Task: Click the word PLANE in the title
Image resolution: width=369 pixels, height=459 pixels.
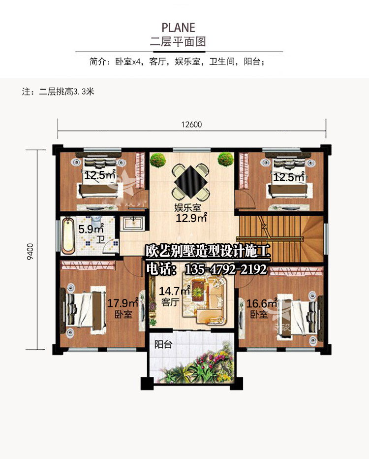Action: click(179, 28)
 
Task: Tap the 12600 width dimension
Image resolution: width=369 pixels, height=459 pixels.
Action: click(191, 125)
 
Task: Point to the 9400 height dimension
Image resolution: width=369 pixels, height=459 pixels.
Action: click(30, 252)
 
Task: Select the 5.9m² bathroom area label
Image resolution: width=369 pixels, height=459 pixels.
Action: click(91, 229)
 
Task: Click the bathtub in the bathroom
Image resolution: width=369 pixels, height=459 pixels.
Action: click(68, 235)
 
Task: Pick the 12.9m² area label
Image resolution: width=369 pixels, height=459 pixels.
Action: click(191, 218)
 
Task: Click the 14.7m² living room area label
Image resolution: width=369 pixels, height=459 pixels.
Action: click(175, 291)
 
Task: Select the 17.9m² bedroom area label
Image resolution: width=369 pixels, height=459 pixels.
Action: click(123, 303)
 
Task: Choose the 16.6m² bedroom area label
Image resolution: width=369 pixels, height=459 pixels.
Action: click(262, 303)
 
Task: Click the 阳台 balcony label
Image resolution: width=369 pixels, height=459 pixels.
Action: click(163, 344)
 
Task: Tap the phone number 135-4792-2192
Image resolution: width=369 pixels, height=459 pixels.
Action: click(226, 269)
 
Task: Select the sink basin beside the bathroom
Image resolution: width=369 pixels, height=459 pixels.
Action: click(133, 224)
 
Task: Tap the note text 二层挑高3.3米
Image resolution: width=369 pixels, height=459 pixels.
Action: click(66, 92)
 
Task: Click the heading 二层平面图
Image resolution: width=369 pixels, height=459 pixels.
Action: click(178, 41)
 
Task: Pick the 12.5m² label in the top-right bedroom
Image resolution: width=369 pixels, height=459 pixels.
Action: click(289, 177)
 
